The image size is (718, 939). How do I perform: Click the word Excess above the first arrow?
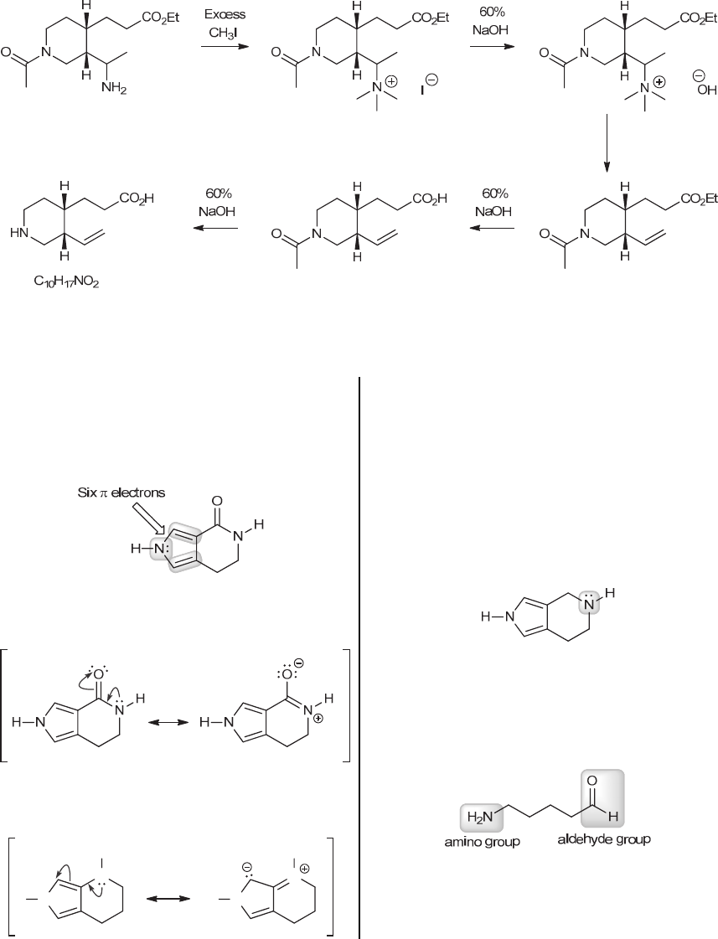click(x=225, y=14)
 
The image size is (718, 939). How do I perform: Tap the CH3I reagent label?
click(x=224, y=32)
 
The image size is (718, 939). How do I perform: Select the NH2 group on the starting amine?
click(x=117, y=88)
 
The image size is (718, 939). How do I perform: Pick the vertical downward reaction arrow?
click(x=607, y=142)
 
